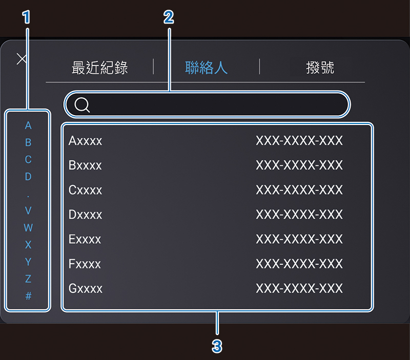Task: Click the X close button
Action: pos(22,58)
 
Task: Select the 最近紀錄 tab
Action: pos(100,67)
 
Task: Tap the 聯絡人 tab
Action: pos(206,67)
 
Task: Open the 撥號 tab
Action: pos(320,67)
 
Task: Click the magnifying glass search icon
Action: pos(82,105)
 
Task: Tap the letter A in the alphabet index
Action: pos(28,125)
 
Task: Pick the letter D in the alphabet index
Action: pos(28,177)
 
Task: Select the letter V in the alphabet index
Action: pos(28,210)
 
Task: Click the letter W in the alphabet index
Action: pos(28,228)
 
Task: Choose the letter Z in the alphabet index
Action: pos(28,279)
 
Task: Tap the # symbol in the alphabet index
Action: pos(28,296)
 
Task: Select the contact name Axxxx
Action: pos(86,141)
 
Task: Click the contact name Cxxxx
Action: pos(86,190)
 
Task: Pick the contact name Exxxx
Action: pos(85,239)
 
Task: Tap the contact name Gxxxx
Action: pos(86,288)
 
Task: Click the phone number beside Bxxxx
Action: pos(299,165)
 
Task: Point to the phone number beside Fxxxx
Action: pos(299,264)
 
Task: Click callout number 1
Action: pos(27,17)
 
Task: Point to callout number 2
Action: pos(169,17)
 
